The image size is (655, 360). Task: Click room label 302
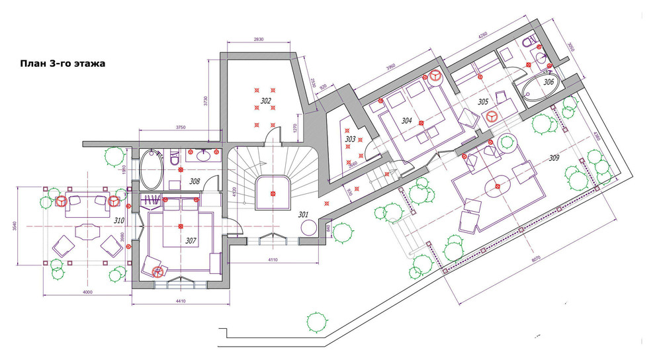[265, 101]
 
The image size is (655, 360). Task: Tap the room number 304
[406, 120]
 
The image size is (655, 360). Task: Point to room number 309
[554, 158]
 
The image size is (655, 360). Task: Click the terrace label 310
[119, 220]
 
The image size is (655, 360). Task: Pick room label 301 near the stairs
[304, 214]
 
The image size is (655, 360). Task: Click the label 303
[351, 139]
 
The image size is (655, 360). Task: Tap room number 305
[483, 102]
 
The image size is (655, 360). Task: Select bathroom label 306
[548, 82]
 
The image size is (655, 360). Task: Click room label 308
[195, 180]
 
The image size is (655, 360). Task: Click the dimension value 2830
[258, 40]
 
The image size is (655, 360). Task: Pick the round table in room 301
[309, 228]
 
